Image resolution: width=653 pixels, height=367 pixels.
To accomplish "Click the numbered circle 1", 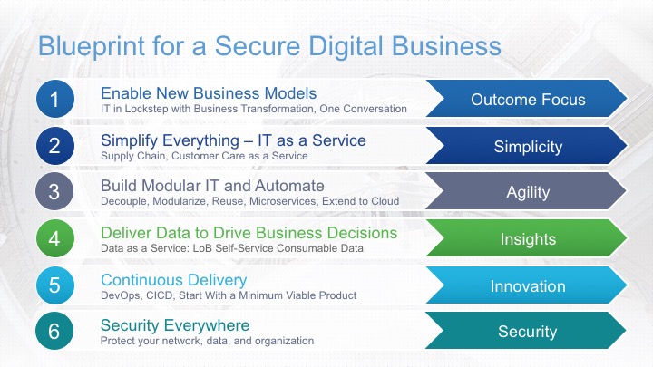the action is (x=55, y=99).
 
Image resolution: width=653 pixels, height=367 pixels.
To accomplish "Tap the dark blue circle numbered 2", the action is (x=55, y=146).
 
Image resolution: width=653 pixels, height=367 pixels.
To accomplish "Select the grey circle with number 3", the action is (x=54, y=191).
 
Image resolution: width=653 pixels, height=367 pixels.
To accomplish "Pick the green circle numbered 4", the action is (x=55, y=238).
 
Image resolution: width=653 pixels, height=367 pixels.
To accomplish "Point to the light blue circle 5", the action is (x=55, y=285).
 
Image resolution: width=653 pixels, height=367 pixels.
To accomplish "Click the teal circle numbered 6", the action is (x=54, y=331).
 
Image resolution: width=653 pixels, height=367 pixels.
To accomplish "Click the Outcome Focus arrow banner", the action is (x=527, y=99).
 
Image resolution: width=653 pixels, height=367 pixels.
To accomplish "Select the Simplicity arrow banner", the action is (x=527, y=146).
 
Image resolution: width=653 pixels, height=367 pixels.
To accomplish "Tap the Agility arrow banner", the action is (x=526, y=191).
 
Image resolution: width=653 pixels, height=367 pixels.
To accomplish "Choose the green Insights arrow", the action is (x=527, y=238).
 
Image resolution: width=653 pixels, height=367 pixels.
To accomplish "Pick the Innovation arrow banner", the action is (x=527, y=285).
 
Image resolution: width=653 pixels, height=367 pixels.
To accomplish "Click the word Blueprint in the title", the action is (x=92, y=47).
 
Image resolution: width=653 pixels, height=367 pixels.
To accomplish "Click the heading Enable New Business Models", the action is (x=209, y=93).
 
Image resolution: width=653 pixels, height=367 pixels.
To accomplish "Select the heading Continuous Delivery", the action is (x=173, y=280).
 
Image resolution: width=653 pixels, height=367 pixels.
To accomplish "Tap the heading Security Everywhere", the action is (x=175, y=325).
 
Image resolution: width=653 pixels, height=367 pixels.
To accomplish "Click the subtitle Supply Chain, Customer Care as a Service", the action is (x=204, y=156).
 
